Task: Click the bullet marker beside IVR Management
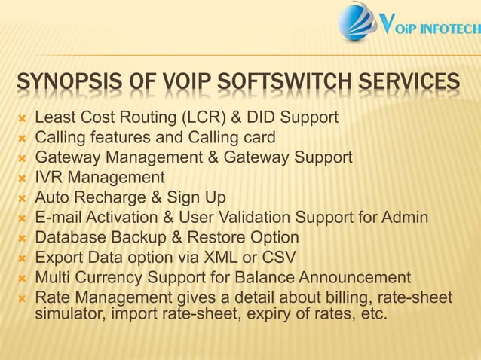pos(21,178)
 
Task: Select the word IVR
pos(49,178)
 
